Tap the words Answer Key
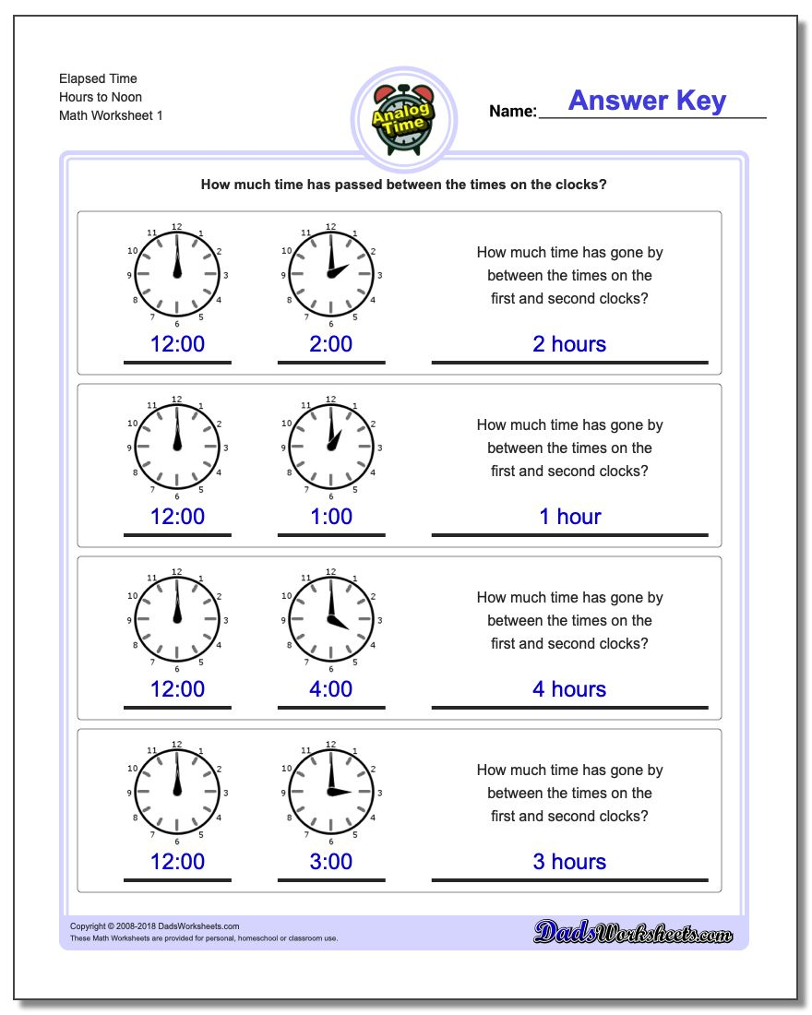click(647, 101)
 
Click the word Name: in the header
click(512, 112)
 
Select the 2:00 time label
click(330, 344)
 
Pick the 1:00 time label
click(330, 517)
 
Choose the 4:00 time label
click(330, 689)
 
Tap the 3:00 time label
click(330, 862)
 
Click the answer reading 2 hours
click(569, 344)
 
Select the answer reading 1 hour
click(569, 517)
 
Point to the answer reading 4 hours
click(569, 689)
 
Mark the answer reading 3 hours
click(569, 862)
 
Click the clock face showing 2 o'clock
click(330, 275)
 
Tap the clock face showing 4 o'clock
click(330, 619)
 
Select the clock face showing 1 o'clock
click(330, 448)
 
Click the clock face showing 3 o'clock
click(330, 792)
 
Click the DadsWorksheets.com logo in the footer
click(633, 933)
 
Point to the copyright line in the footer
click(154, 926)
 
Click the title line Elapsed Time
click(98, 79)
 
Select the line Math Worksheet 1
click(111, 116)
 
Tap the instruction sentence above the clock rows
click(403, 185)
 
